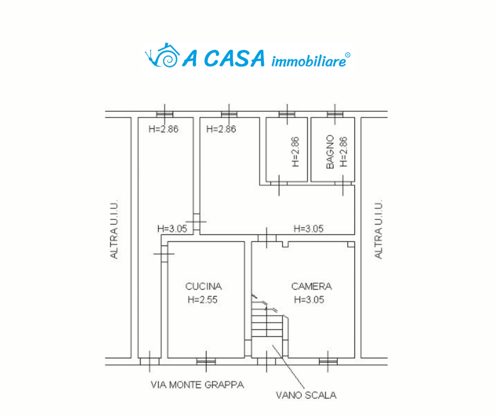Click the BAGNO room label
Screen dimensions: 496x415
tap(330, 152)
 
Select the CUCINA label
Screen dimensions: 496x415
tap(203, 286)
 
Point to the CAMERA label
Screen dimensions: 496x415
tap(311, 286)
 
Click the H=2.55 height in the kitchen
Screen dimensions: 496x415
tap(202, 299)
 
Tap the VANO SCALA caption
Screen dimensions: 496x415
tap(306, 395)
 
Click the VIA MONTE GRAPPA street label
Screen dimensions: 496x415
tap(197, 385)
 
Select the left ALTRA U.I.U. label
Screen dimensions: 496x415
tap(114, 229)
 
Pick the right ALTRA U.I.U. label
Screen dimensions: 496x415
tap(378, 229)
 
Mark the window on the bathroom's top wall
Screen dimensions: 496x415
tap(335, 114)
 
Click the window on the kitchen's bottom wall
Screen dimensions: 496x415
tap(206, 361)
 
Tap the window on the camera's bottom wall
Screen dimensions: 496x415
tap(328, 361)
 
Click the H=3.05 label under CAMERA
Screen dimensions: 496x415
tap(309, 299)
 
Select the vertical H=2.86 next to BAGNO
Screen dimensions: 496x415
tap(343, 152)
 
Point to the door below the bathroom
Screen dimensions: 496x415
tap(343, 183)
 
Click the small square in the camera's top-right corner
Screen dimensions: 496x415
tap(351, 244)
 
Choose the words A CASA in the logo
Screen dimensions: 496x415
tap(223, 58)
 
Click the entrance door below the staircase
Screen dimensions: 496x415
tap(266, 361)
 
